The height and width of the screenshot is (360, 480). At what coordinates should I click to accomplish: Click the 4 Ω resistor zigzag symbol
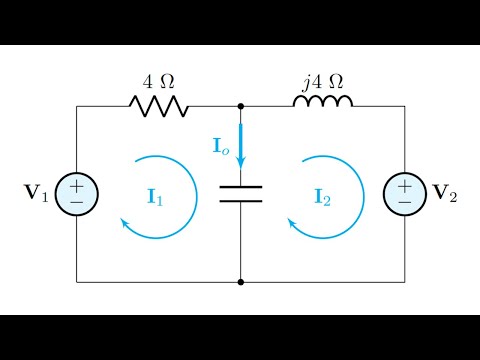[x=158, y=106]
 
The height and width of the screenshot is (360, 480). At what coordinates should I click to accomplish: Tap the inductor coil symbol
[x=322, y=103]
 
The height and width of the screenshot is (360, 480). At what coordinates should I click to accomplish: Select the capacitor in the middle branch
[x=241, y=193]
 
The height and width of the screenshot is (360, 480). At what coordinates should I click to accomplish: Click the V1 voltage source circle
[x=77, y=193]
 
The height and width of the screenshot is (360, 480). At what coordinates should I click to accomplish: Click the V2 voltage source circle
[x=404, y=193]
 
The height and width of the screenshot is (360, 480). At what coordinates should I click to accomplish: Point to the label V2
[x=445, y=193]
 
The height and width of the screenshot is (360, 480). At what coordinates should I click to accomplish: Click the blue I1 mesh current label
[x=155, y=195]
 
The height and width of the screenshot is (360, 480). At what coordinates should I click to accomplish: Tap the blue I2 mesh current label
[x=322, y=195]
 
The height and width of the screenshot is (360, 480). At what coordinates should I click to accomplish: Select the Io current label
[x=221, y=147]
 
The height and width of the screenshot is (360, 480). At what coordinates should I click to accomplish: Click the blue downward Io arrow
[x=241, y=150]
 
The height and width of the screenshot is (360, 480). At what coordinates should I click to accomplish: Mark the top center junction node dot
[x=241, y=106]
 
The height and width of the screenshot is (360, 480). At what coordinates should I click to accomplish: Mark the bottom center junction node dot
[x=241, y=282]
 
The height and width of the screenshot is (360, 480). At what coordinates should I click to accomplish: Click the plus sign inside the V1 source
[x=77, y=184]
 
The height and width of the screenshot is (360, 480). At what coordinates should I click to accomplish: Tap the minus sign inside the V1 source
[x=77, y=202]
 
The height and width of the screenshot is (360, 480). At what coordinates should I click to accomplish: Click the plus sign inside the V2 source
[x=404, y=184]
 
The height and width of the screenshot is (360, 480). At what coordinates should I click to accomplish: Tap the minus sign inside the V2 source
[x=404, y=202]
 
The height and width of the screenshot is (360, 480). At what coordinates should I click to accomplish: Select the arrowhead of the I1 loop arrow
[x=125, y=224]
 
